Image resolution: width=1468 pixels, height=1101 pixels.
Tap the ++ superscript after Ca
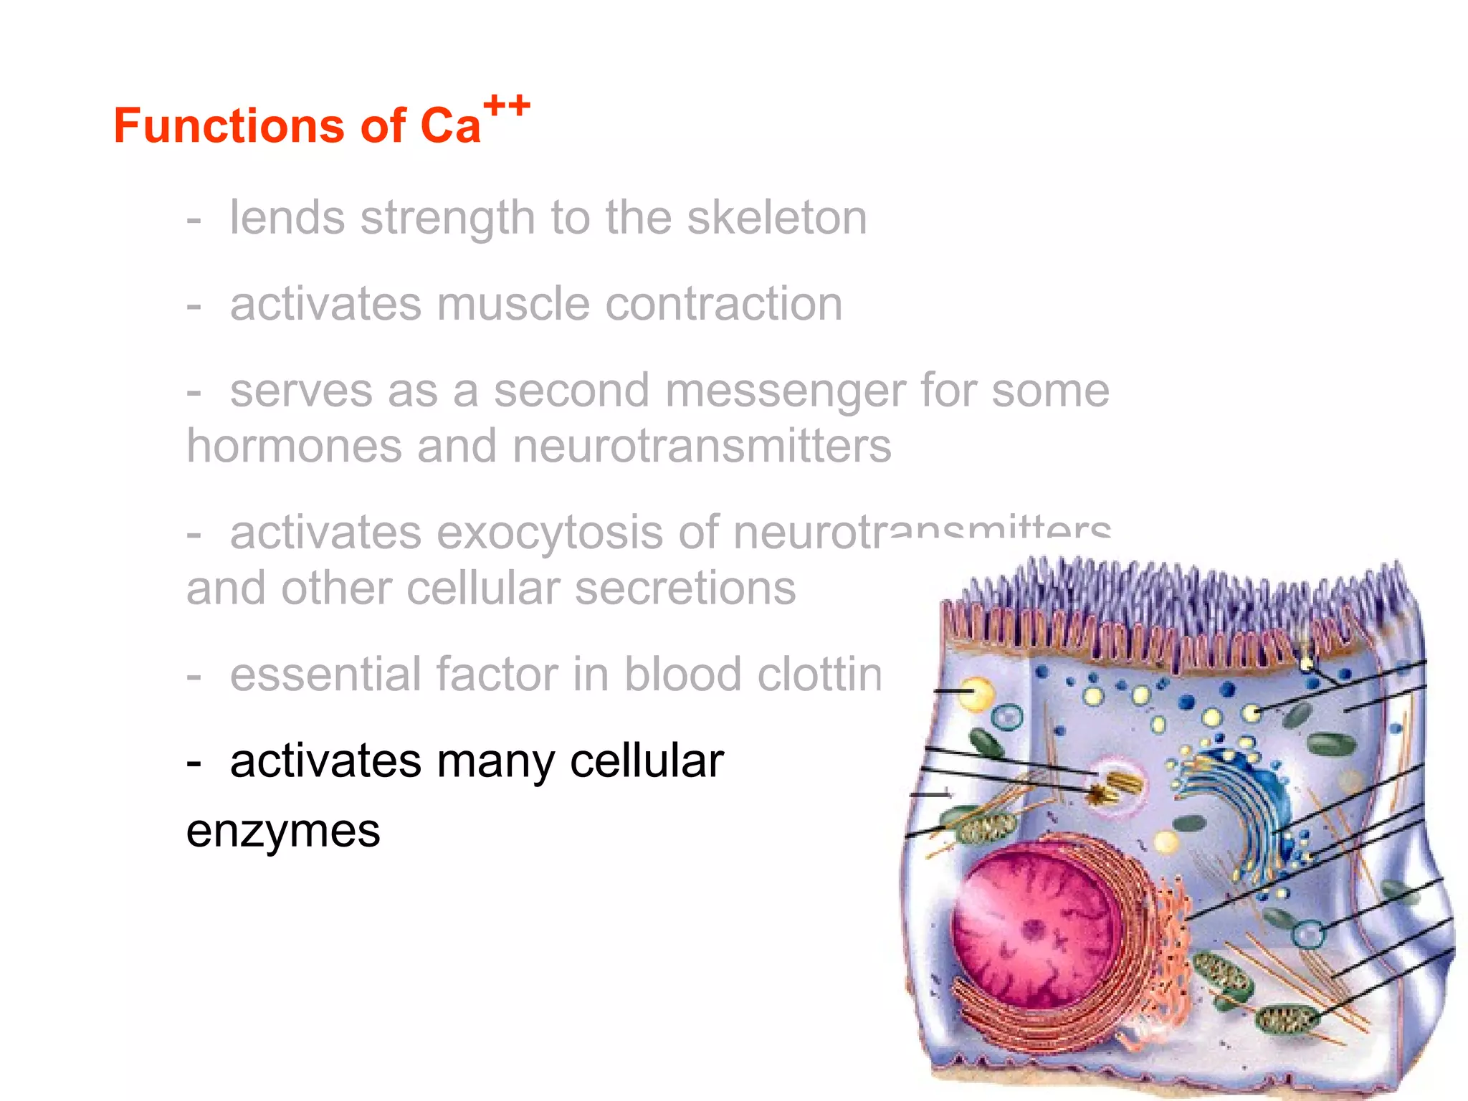click(507, 106)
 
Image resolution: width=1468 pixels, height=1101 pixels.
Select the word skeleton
click(777, 218)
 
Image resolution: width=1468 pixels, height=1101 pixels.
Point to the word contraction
click(724, 304)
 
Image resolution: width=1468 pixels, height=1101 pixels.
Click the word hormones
click(294, 446)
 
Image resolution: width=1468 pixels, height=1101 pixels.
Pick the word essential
click(325, 675)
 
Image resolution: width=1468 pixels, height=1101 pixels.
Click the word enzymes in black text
click(283, 831)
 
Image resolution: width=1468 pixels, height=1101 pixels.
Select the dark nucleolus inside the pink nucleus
click(1034, 930)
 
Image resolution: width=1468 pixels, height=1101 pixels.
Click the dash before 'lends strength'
click(194, 219)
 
